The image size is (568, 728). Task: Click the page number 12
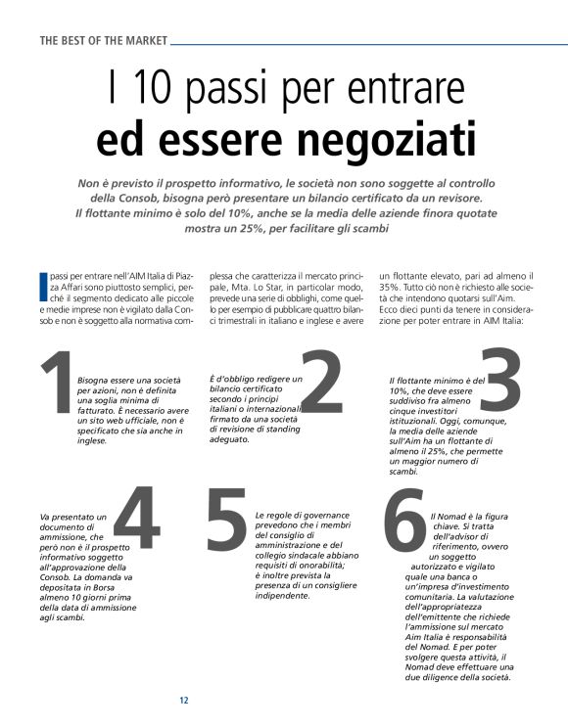183,700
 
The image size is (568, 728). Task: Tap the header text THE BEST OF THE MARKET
104,41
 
